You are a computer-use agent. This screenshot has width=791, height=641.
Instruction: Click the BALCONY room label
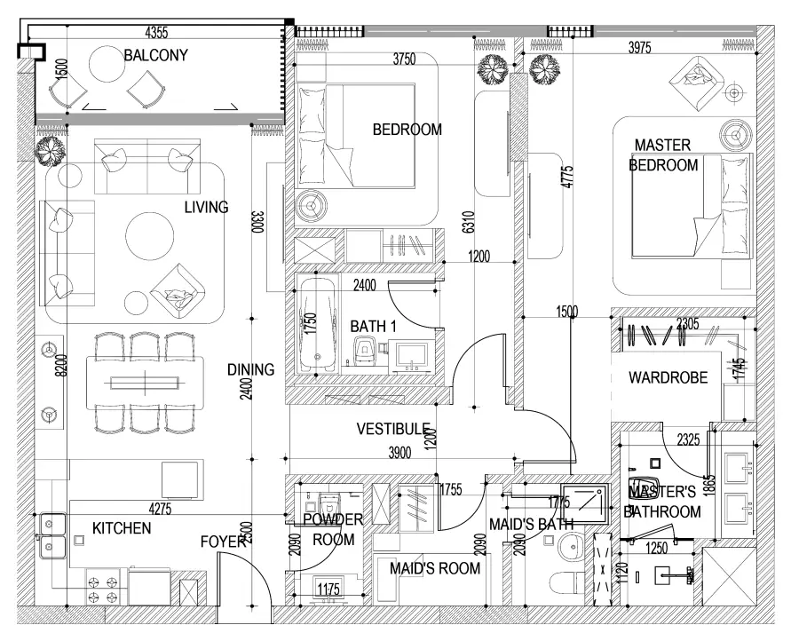click(155, 55)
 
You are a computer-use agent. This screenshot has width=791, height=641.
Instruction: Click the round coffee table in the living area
click(149, 235)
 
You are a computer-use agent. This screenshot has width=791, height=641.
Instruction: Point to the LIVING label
click(206, 208)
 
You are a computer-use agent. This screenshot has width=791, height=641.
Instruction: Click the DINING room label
click(250, 370)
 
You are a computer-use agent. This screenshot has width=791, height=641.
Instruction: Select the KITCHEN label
click(122, 529)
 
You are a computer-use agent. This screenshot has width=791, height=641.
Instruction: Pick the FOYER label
click(222, 541)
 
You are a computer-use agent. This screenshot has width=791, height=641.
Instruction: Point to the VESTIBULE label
click(393, 429)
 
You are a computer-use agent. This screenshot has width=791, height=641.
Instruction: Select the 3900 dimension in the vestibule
click(399, 453)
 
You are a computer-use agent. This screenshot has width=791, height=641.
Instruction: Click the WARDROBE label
click(668, 377)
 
